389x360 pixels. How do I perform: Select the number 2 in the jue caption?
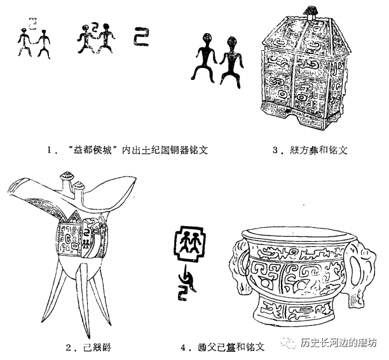click(67, 347)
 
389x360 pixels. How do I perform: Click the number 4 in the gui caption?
click(184, 347)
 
